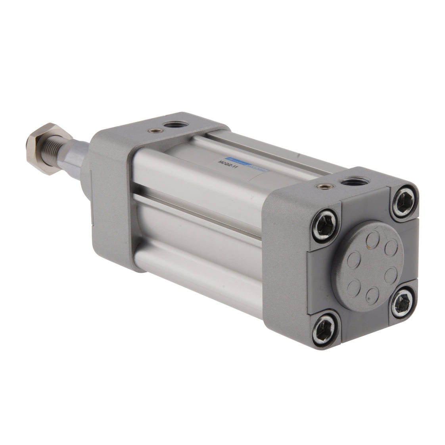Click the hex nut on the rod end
[43, 145]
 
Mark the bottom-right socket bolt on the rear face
[403, 303]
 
